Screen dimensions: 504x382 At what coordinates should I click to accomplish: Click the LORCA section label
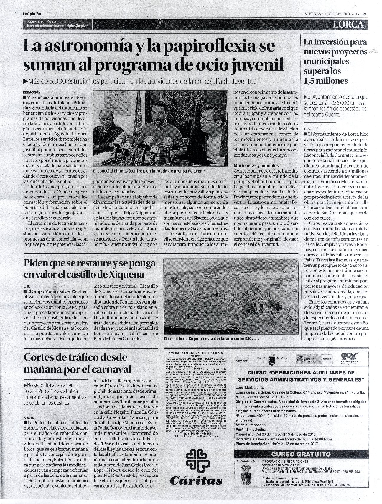coord(348,25)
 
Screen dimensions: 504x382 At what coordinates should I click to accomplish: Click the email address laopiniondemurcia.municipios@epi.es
coord(57,26)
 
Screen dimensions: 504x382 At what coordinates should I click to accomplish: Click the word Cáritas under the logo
coord(196,481)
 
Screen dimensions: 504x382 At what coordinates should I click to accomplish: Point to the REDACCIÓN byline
coord(32,92)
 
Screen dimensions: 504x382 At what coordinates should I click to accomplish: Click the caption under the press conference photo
coord(149,170)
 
